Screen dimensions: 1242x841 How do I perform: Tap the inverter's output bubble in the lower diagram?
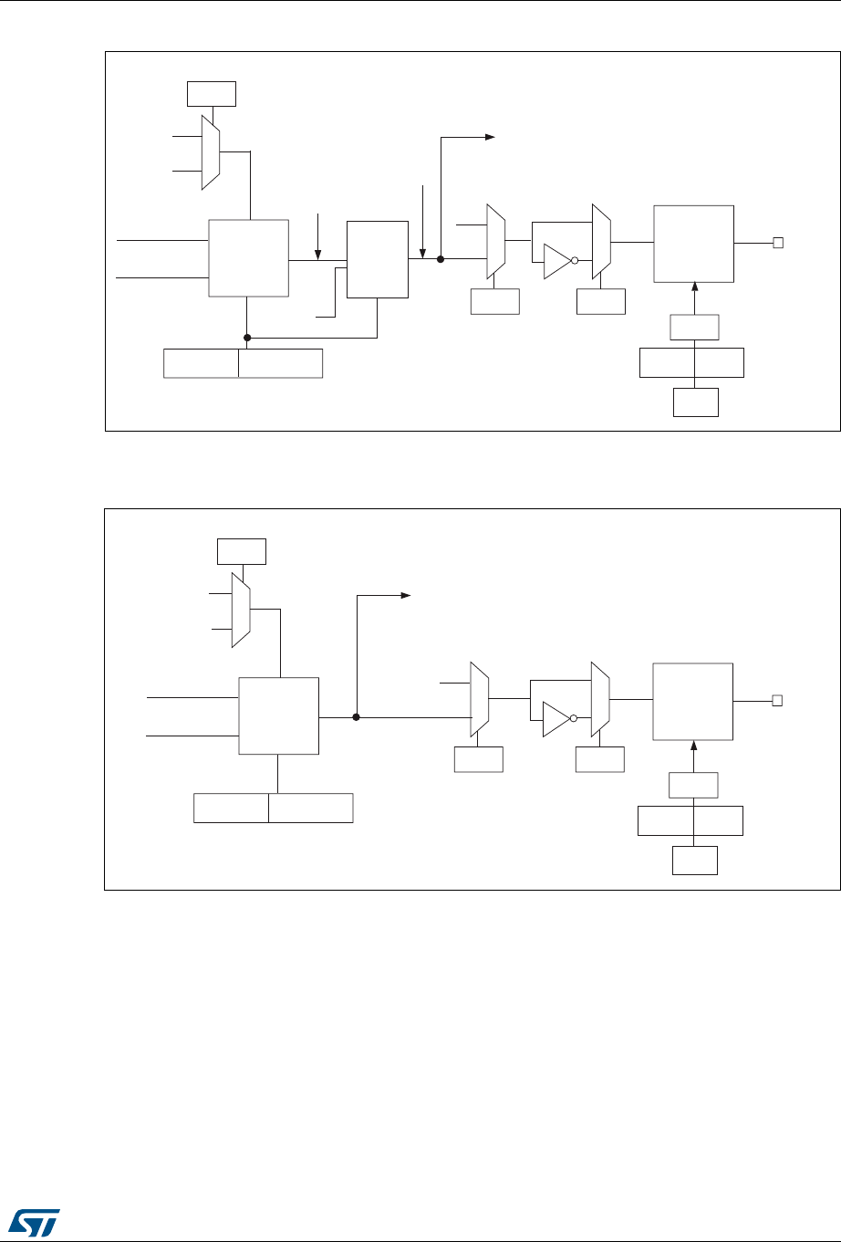tap(574, 718)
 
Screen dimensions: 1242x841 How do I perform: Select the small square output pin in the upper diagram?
tap(778, 243)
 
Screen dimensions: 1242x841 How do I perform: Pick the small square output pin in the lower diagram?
tap(778, 701)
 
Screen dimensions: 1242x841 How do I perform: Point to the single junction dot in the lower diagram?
tap(356, 717)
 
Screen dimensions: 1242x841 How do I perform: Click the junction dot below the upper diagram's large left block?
tap(247, 338)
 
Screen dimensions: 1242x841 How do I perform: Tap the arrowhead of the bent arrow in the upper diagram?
tap(489, 138)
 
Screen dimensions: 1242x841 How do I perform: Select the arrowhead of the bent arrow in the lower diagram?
tap(405, 596)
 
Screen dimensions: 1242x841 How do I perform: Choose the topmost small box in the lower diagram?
tap(242, 552)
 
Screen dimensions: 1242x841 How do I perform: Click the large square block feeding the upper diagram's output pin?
tap(693, 244)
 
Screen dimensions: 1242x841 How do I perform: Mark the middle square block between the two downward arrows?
tap(378, 258)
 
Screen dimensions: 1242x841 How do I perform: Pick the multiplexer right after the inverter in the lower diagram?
tap(600, 700)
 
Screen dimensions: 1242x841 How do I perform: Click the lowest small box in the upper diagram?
tap(695, 402)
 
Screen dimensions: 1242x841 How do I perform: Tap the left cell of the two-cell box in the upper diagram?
tap(201, 362)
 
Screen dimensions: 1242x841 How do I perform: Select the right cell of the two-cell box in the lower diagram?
tap(311, 808)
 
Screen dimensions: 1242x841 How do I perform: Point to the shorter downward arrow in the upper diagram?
tap(317, 235)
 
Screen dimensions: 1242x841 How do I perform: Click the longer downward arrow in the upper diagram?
tap(423, 219)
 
